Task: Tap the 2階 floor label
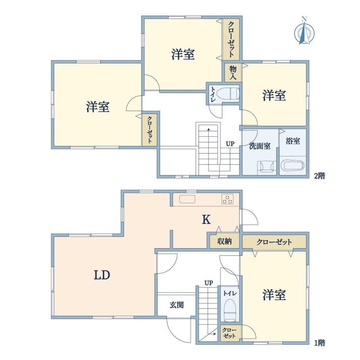(320, 176)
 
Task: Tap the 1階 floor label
(320, 343)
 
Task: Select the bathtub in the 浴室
(293, 165)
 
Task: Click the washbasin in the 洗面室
(267, 166)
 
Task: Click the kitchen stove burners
(227, 199)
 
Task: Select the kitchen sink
(187, 199)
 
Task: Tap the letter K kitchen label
(206, 220)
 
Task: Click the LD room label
(102, 275)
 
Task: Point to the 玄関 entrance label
(177, 305)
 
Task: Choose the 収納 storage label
(225, 241)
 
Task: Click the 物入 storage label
(233, 72)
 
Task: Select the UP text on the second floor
(230, 144)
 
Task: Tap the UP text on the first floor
(209, 283)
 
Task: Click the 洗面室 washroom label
(260, 146)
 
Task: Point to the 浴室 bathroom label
(293, 141)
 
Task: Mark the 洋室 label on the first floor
(274, 295)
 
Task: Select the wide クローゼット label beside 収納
(274, 242)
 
